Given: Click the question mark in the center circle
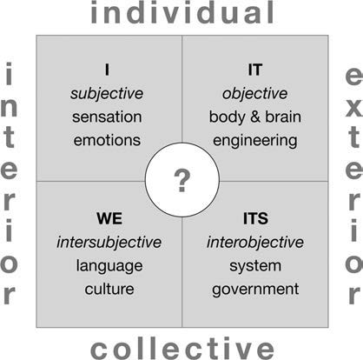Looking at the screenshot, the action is coord(182,181).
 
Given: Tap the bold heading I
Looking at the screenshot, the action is coord(107,70).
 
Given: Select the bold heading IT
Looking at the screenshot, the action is coord(255,70).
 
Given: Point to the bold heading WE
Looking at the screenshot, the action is coord(109,218).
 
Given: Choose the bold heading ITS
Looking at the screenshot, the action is coord(255,218).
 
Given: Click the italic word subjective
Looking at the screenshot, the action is coord(107,94).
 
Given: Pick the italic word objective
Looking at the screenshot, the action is coord(254,94).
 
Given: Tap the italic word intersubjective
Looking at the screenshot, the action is coord(109,243).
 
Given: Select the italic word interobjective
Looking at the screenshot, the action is coord(255,243).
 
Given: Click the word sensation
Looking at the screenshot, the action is coord(107,117).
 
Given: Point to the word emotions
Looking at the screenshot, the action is coord(107,140).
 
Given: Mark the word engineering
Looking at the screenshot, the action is coord(255,141).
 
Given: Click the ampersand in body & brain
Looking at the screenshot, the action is coord(255,117).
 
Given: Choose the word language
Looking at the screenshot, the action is coord(109,266).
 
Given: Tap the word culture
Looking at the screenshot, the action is coord(109,289).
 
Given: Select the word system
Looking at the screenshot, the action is coord(255,266).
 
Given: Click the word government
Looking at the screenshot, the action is coord(255,290).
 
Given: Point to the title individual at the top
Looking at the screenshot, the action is coord(182,12).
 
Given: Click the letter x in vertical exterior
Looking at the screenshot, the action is coord(353,108).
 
